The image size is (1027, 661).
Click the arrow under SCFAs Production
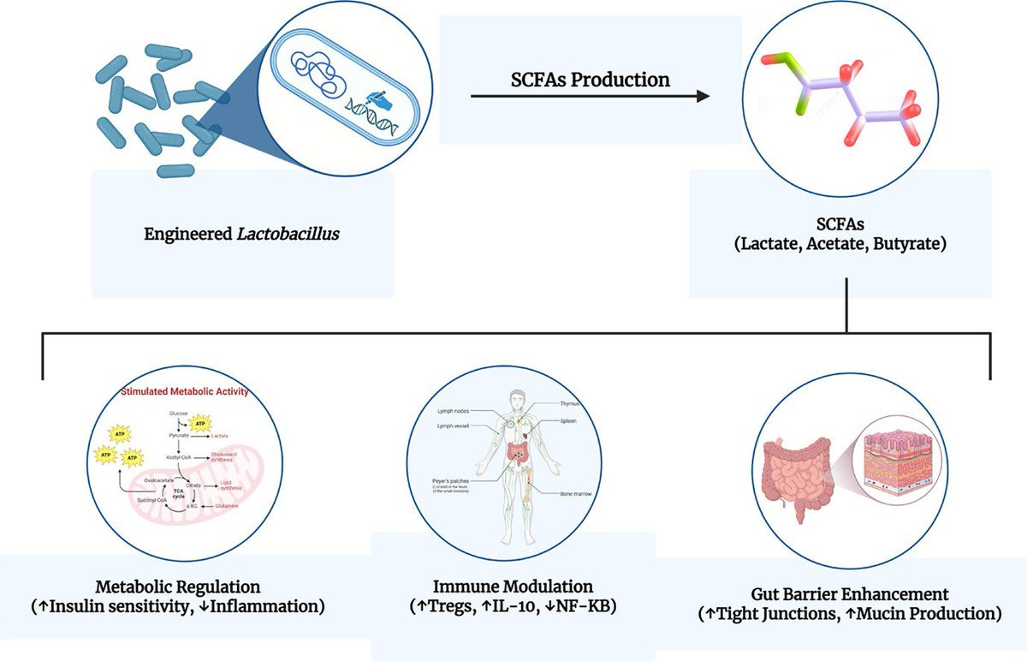tap(591, 96)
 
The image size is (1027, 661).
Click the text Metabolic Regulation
tap(177, 587)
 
